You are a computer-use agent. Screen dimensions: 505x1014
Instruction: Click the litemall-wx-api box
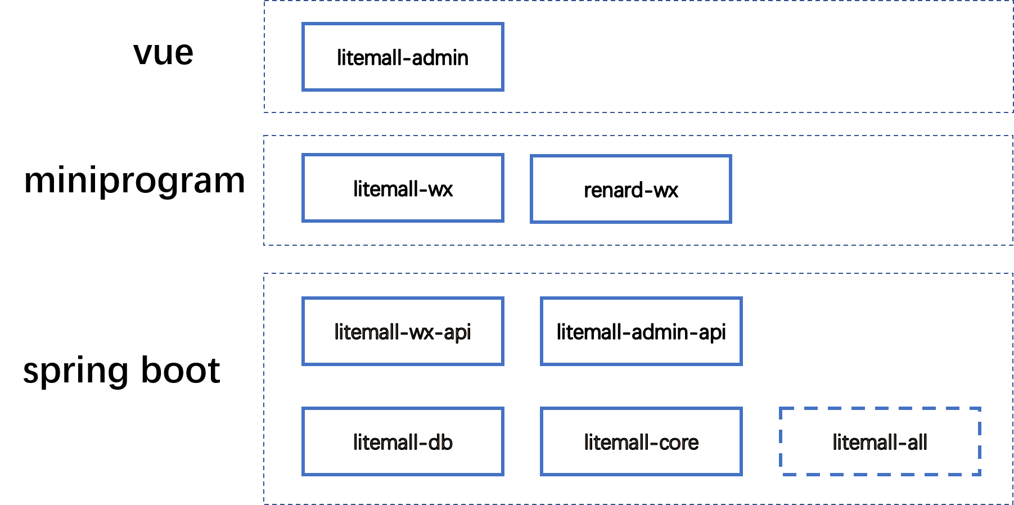pos(403,331)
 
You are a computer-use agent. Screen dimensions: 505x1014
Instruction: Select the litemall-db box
pos(403,441)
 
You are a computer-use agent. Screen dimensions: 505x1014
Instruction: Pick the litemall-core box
pos(641,441)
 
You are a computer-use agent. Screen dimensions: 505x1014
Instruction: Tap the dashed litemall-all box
pos(880,441)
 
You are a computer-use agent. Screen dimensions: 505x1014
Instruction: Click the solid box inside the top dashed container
pos(403,57)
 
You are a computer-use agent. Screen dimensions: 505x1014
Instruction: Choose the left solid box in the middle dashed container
pos(403,188)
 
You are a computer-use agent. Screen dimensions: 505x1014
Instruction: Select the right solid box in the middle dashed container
pos(630,189)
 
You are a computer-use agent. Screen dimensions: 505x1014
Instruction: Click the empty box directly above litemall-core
pos(641,331)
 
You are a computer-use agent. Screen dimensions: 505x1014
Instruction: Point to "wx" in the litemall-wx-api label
pos(421,332)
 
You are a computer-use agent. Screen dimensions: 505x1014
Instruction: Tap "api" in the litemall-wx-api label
pos(457,332)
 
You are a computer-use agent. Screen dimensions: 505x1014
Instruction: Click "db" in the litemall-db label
pos(440,443)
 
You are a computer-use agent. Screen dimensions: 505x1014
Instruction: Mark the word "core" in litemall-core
pos(679,443)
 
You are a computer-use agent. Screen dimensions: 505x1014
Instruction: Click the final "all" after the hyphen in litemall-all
pos(917,443)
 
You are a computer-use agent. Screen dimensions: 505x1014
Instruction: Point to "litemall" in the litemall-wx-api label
pos(367,332)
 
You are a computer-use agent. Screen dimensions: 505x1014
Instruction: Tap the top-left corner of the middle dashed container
pos(264,136)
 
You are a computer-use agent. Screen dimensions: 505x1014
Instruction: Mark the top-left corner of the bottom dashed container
pos(264,274)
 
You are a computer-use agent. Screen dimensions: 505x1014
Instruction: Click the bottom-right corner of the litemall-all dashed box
pos(980,474)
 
